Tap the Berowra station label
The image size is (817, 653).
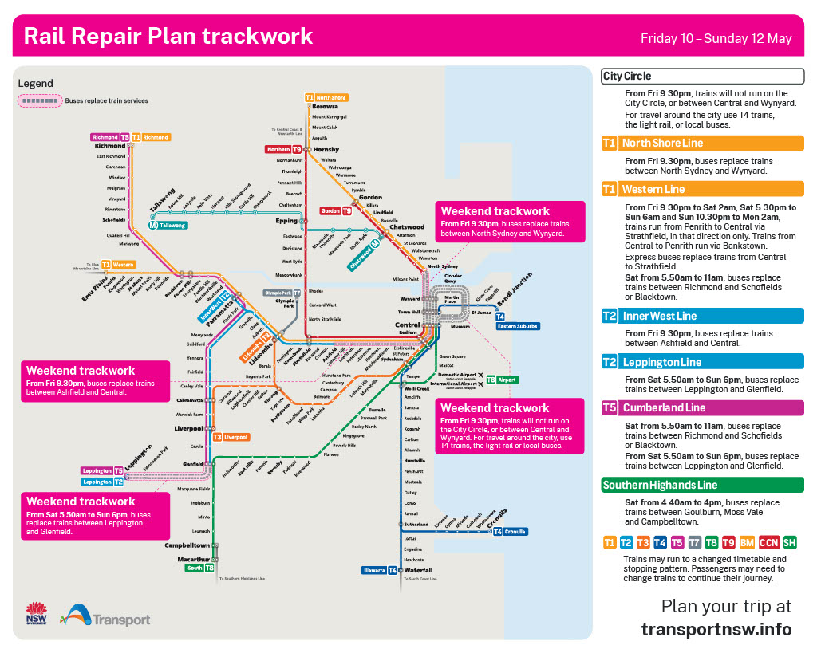[325, 106]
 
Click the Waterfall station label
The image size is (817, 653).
[418, 571]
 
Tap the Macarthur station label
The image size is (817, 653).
[193, 560]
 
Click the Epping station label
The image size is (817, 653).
[286, 221]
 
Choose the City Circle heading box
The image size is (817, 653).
[702, 77]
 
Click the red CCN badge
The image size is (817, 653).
[769, 543]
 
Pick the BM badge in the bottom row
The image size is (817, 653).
[747, 543]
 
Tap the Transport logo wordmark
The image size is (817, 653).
[120, 620]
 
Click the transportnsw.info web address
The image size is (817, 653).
[716, 629]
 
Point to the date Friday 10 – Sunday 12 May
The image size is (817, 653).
[716, 38]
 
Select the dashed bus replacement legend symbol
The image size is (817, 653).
[40, 101]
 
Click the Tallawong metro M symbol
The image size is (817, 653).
[153, 226]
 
